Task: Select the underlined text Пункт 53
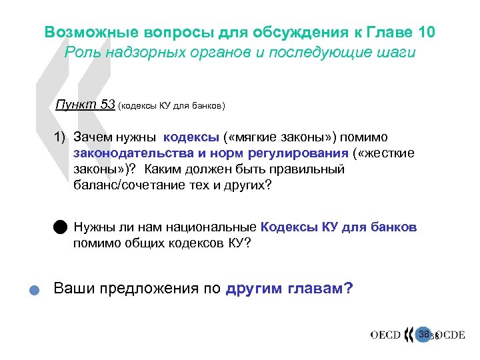coord(85,105)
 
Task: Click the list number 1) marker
coord(61,137)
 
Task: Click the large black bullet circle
coord(61,227)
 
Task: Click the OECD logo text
coord(386,334)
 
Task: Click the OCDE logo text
coord(450,334)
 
